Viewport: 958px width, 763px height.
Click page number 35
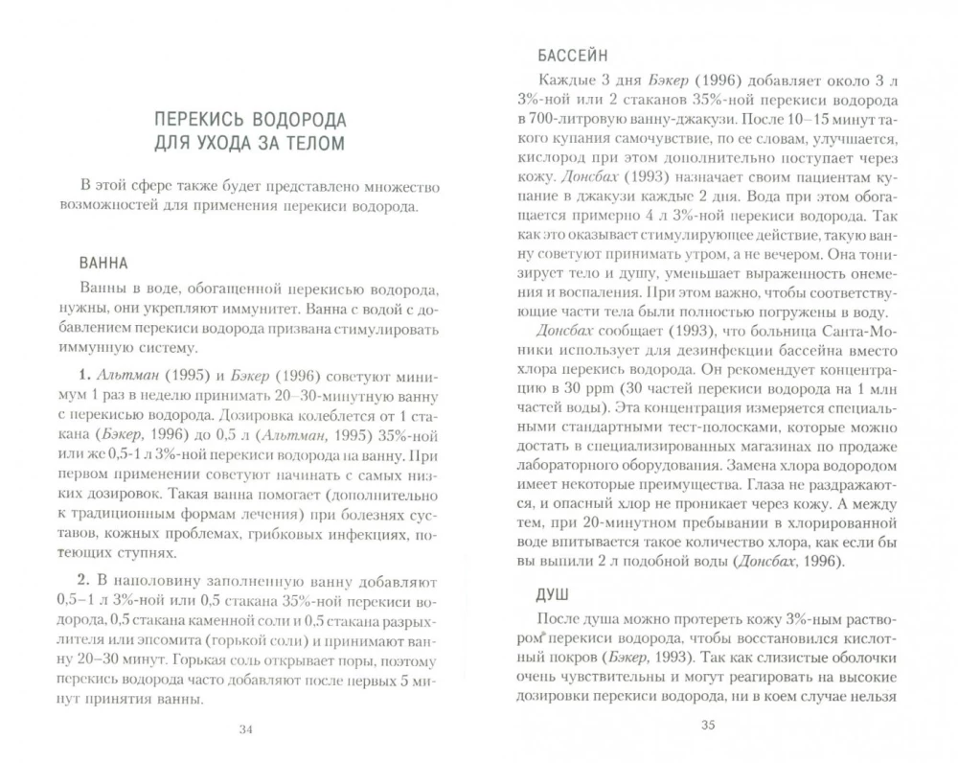pyautogui.click(x=708, y=725)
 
